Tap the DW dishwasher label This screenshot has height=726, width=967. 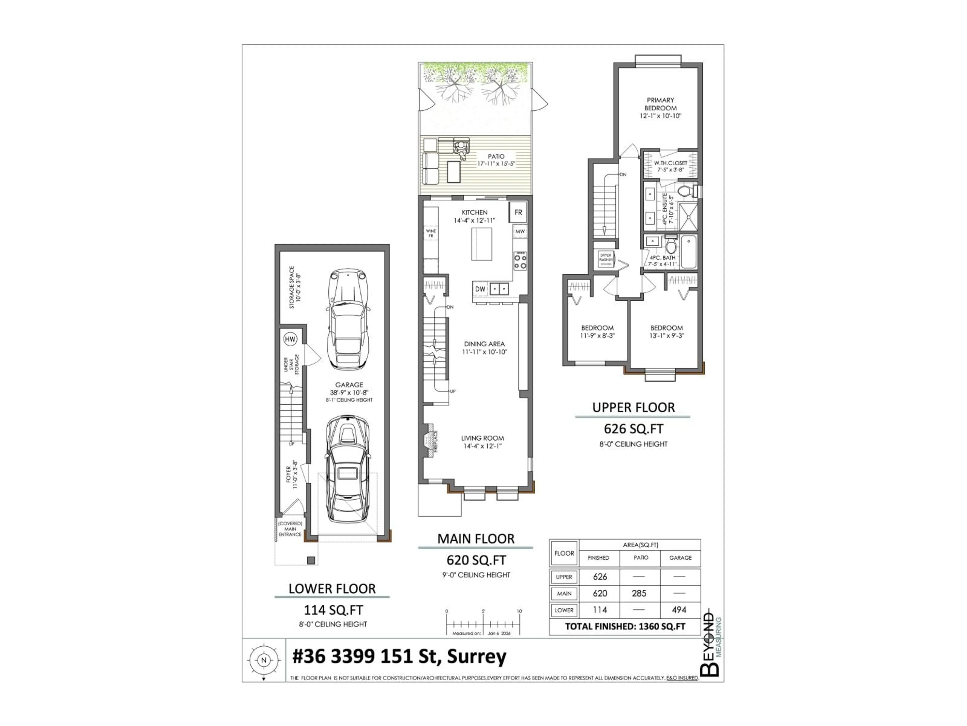pos(480,289)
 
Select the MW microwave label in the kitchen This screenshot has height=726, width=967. pos(520,231)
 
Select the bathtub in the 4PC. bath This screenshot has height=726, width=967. pos(689,252)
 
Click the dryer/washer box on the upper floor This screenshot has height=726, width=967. pos(606,259)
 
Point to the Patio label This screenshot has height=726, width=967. pos(496,156)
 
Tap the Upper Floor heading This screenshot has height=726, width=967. pos(633,407)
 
